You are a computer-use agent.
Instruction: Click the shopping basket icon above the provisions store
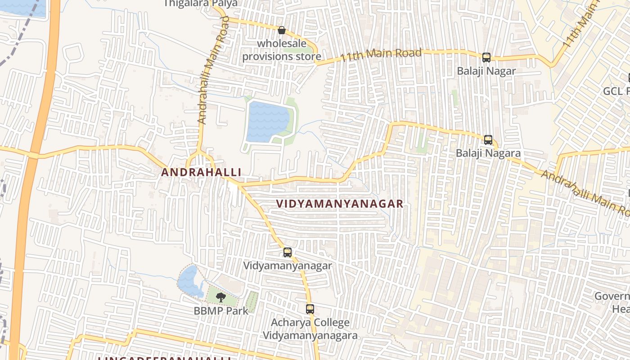282,31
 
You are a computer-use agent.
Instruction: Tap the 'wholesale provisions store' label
282,50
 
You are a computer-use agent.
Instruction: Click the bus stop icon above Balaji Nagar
486,58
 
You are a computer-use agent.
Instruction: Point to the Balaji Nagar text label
486,71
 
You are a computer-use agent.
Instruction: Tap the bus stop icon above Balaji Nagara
488,140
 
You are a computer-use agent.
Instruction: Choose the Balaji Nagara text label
488,153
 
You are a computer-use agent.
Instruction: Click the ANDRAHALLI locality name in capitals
201,172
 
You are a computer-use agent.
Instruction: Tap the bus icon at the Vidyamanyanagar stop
288,252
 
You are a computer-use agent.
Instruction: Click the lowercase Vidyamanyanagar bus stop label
288,265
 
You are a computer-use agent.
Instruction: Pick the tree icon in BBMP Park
220,297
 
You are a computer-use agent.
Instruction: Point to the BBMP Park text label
221,310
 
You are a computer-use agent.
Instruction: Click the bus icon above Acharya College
310,309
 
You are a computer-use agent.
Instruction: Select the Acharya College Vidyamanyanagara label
310,329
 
